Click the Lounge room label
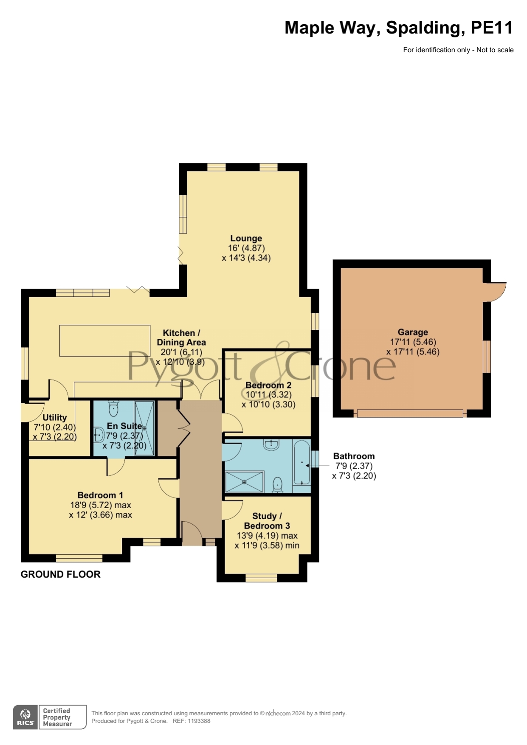coord(246,239)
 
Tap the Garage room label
coord(413,332)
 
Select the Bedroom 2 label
coord(268,385)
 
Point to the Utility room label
coord(55,418)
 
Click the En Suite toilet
coord(113,408)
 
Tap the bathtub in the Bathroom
coord(302,463)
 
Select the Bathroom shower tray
coord(244,482)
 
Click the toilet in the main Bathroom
coord(278,484)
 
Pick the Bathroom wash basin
coord(271,444)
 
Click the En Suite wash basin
coord(99,435)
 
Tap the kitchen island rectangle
coord(105,340)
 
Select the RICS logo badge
coord(25,717)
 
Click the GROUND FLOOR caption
coord(61,574)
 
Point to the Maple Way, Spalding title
coord(399,28)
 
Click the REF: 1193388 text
coord(192,721)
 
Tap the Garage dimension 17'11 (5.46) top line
coord(413,342)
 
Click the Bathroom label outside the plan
coord(354,456)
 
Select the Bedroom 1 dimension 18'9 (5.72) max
coord(101,505)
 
